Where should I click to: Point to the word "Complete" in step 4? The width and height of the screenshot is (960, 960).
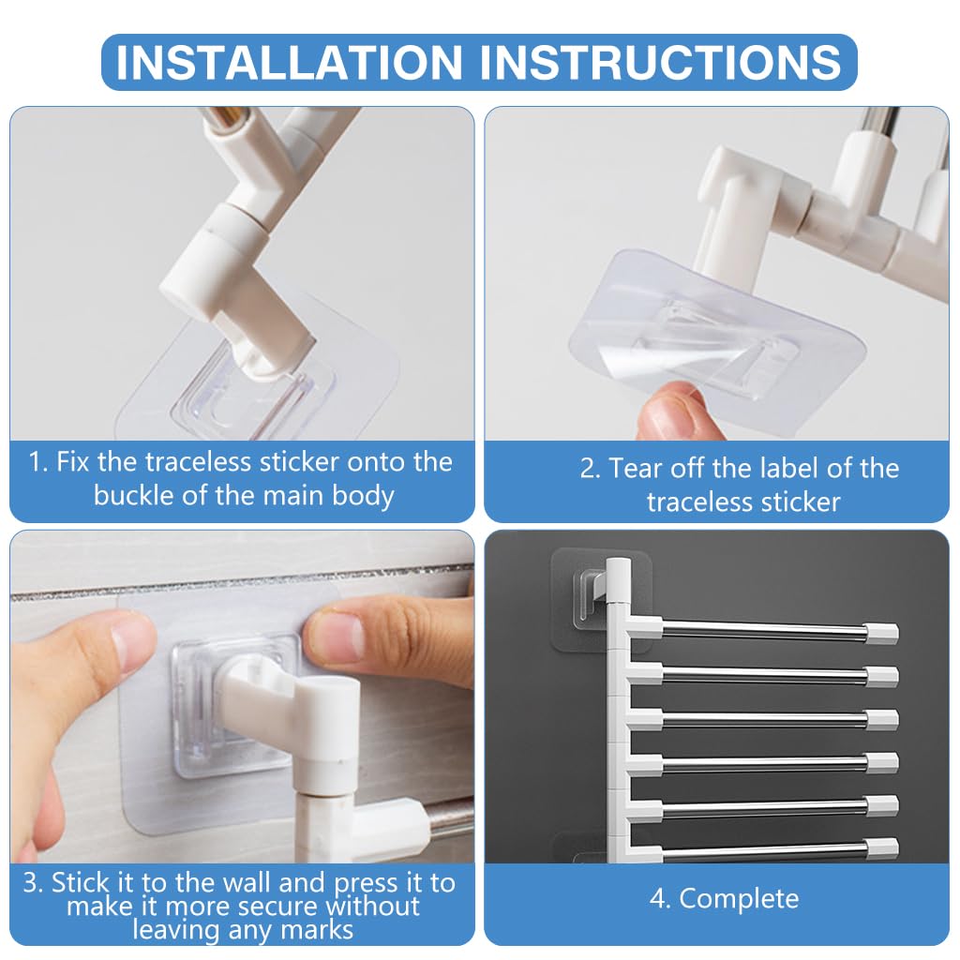[x=739, y=898]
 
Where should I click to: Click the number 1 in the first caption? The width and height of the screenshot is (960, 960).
[x=37, y=461]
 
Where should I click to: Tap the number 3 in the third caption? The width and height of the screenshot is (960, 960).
[x=33, y=882]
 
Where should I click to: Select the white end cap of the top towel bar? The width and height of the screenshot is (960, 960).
[x=883, y=633]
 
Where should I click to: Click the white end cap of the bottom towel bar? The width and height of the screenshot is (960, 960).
[x=882, y=849]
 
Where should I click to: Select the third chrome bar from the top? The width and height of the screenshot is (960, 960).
[x=764, y=719]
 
